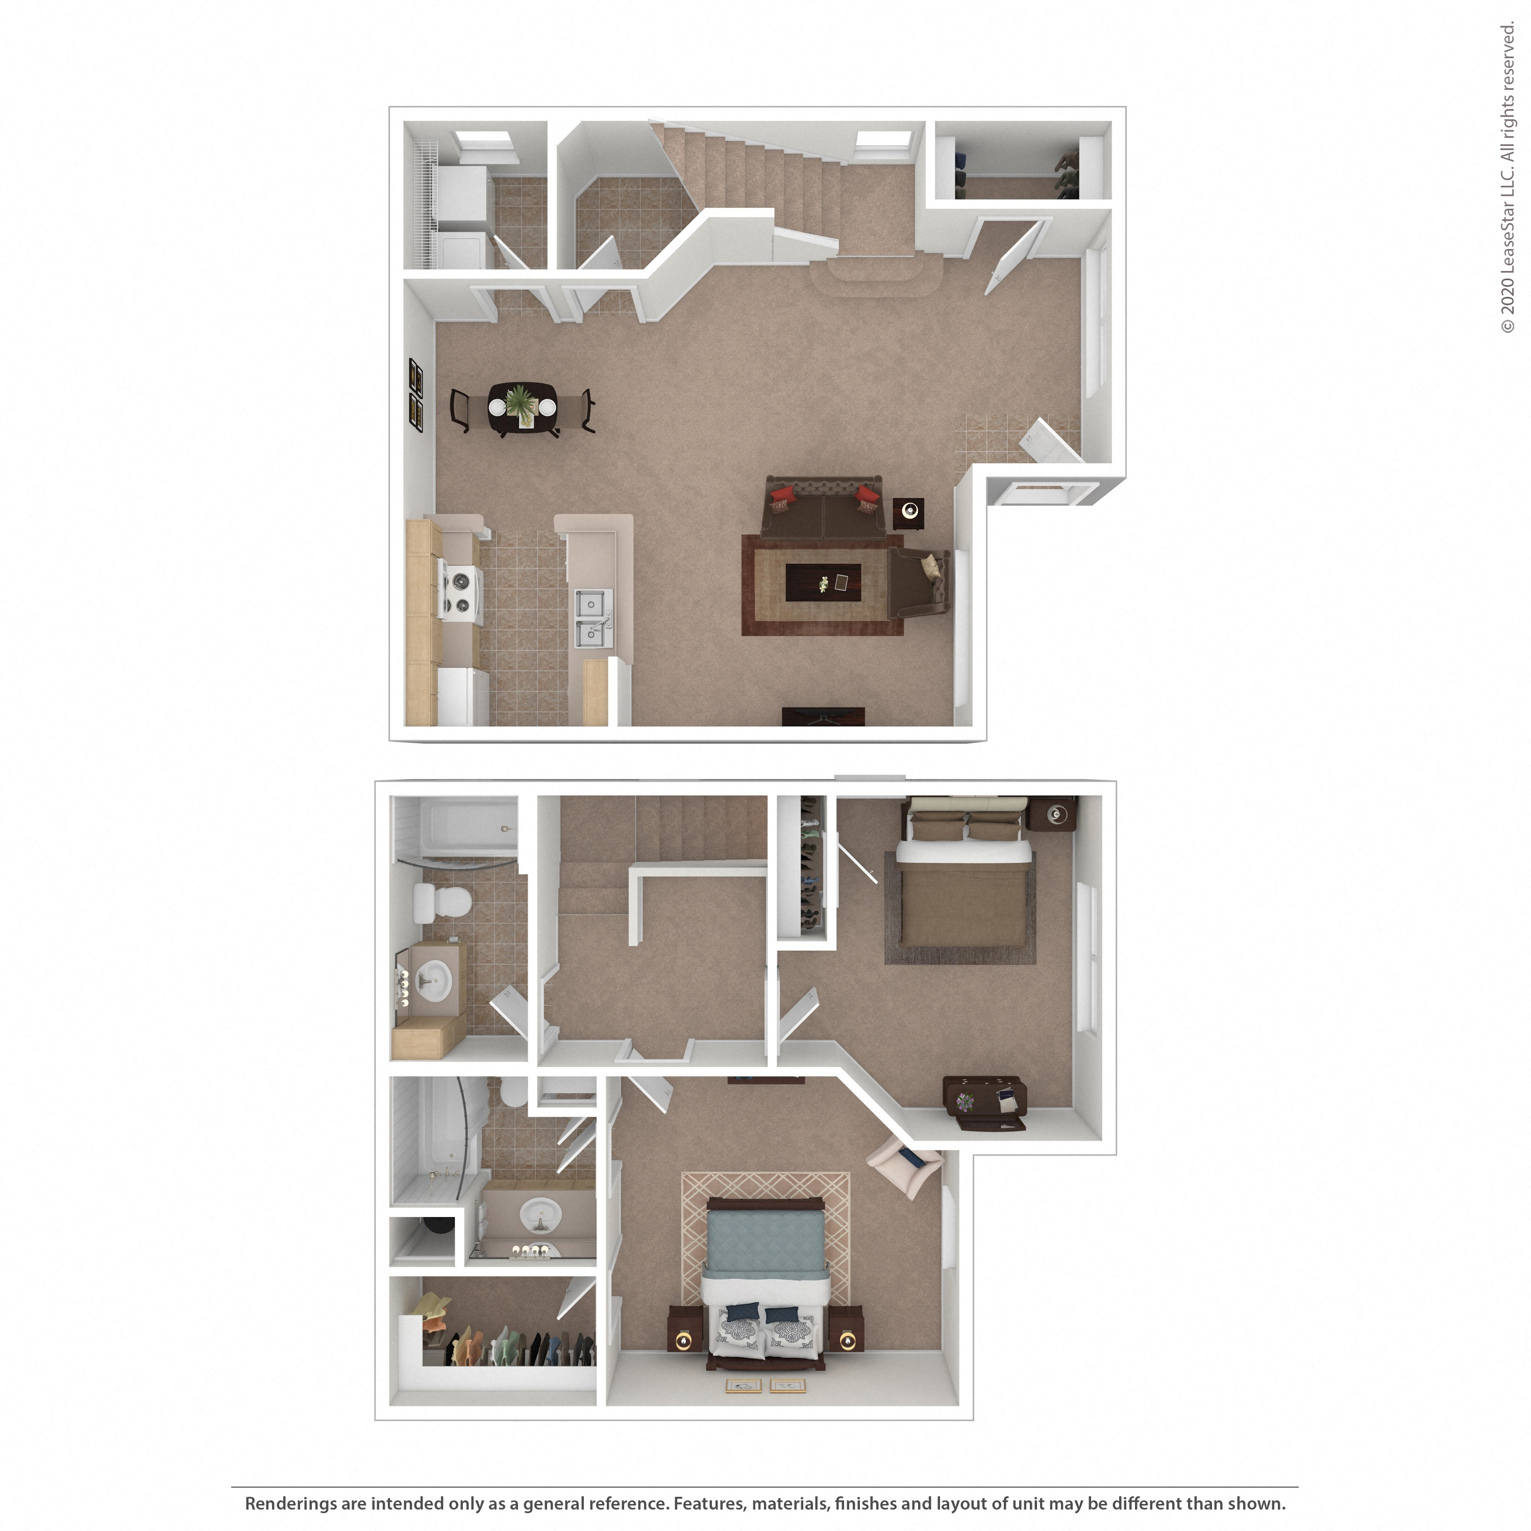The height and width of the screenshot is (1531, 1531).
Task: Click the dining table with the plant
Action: coord(522,408)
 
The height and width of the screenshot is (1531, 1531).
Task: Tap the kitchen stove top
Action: coord(460,590)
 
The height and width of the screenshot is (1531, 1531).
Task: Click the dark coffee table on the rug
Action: coord(823,582)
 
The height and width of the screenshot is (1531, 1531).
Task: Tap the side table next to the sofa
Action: coord(908,513)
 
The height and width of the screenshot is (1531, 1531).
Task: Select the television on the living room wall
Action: coord(823,717)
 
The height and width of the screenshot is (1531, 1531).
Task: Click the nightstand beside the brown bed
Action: coord(1052,814)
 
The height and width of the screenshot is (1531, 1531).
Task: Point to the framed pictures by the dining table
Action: coord(415,394)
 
